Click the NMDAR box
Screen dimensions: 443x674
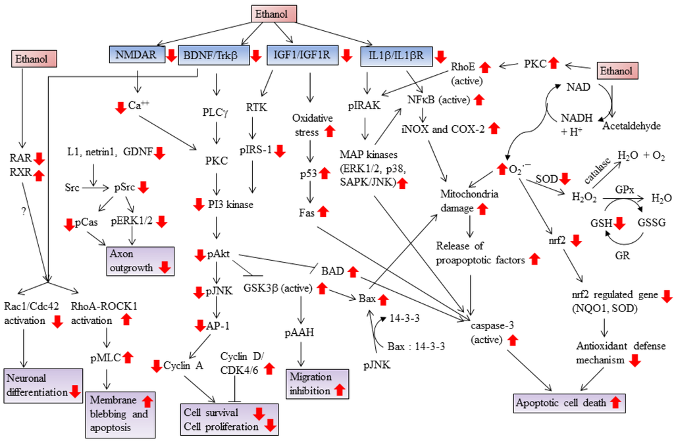point(136,55)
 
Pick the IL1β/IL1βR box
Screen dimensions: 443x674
point(396,55)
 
